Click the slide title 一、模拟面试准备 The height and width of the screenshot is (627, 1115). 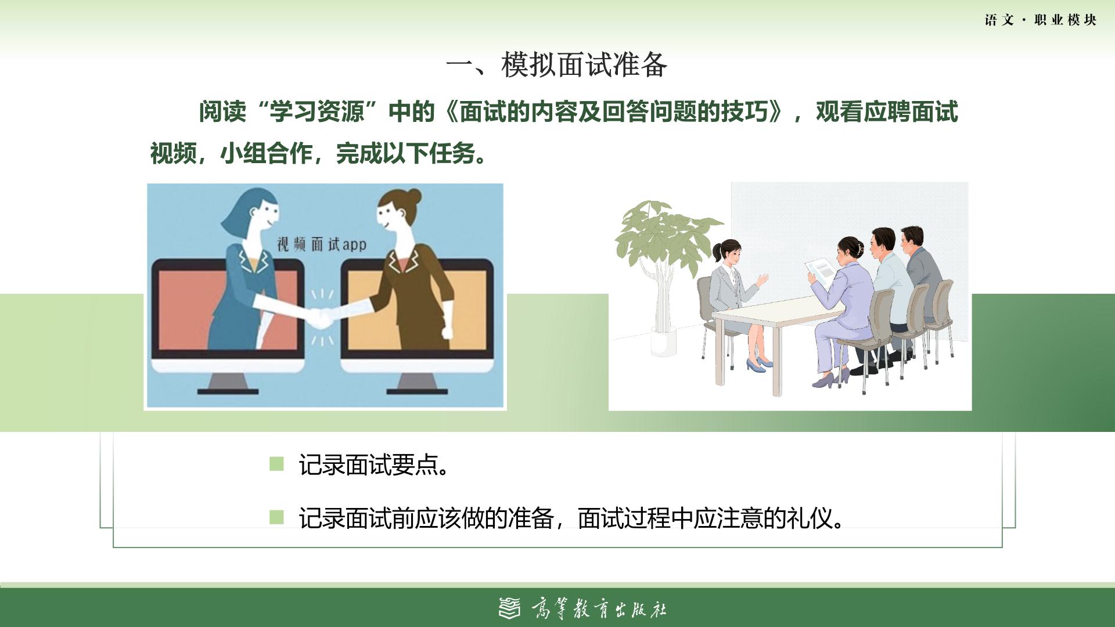pyautogui.click(x=557, y=64)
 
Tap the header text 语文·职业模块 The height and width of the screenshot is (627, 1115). pyautogui.click(x=1041, y=20)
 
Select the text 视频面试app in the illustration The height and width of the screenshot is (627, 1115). pyautogui.click(x=321, y=244)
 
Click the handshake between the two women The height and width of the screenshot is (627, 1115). pyautogui.click(x=319, y=317)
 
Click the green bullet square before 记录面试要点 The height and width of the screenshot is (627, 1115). pyautogui.click(x=276, y=464)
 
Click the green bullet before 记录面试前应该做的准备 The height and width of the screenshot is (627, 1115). pyautogui.click(x=276, y=517)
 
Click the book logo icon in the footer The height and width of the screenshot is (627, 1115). pyautogui.click(x=510, y=608)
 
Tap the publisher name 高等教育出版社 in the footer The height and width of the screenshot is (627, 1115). pyautogui.click(x=599, y=609)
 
